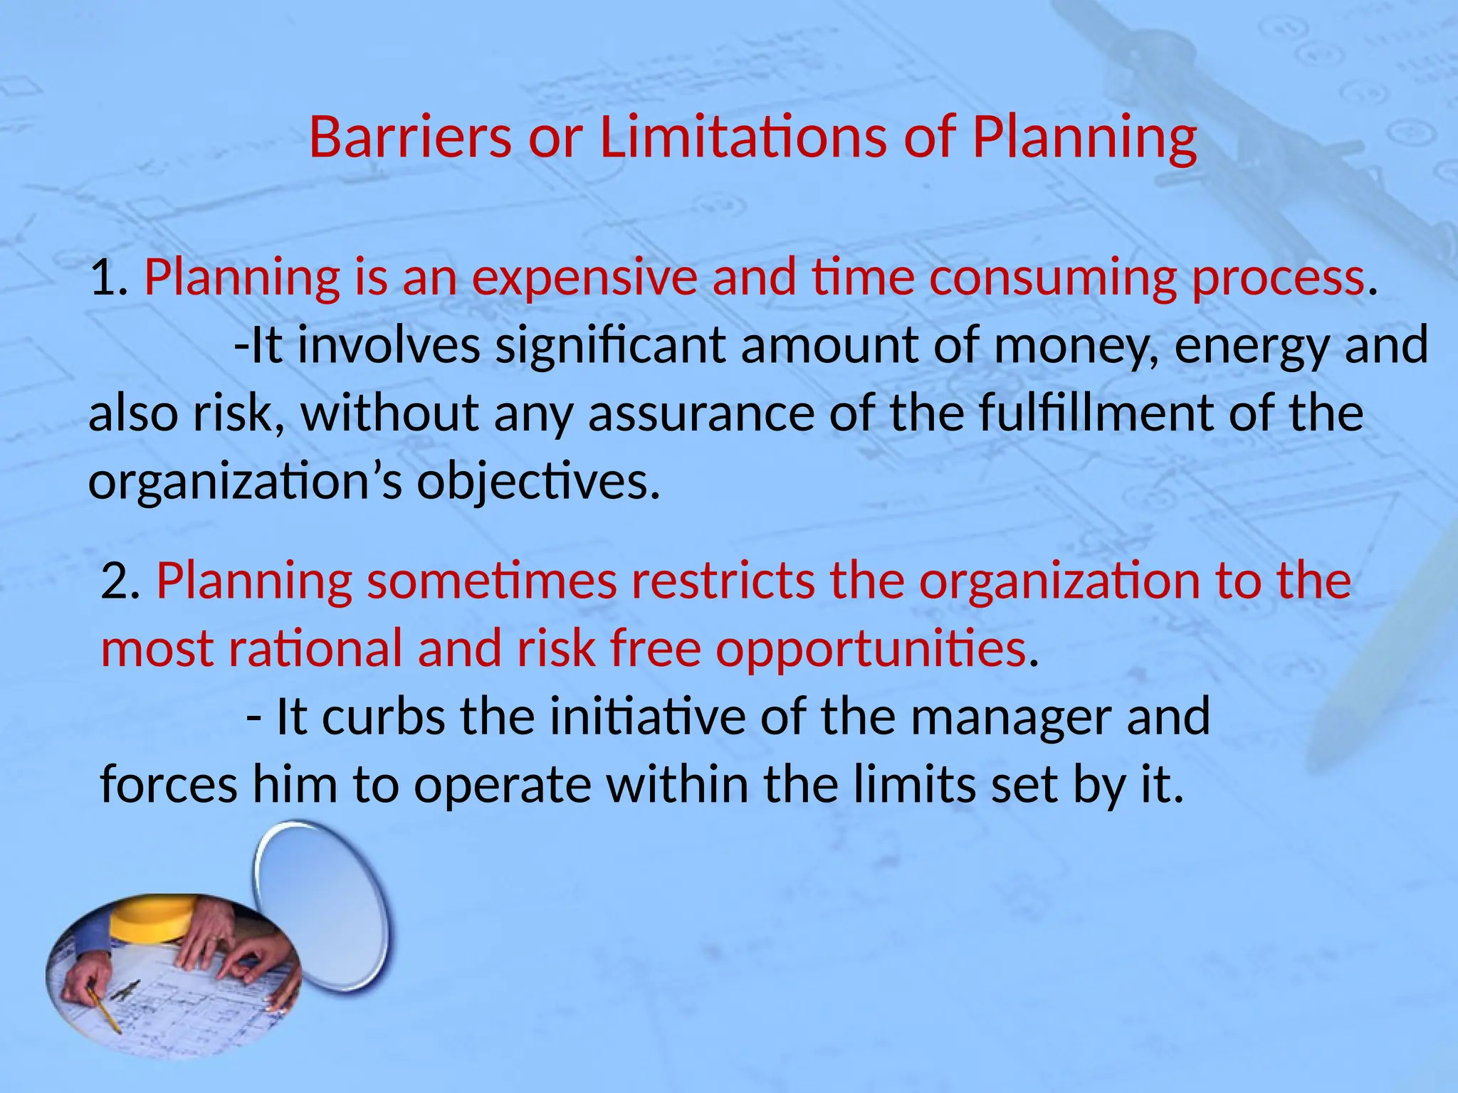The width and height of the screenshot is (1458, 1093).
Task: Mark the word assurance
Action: click(x=701, y=413)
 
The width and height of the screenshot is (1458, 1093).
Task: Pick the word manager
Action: click(x=1011, y=718)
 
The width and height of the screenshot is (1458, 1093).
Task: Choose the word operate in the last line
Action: click(x=503, y=786)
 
